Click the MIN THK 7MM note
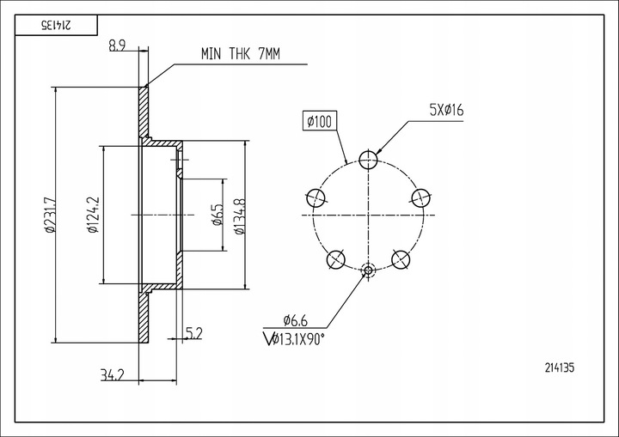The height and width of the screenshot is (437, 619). pos(241,53)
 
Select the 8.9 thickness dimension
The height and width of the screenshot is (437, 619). pos(117,46)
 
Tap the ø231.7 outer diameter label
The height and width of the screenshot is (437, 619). pos(50,215)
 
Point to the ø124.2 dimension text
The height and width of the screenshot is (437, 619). pos(93,215)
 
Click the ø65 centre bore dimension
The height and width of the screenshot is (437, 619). pos(218,215)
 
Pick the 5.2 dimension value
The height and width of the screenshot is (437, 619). pos(193,334)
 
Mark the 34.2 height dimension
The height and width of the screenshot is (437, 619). pos(113,374)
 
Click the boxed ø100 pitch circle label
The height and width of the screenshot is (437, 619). pos(320,121)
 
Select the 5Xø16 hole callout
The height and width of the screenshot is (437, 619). pos(446,110)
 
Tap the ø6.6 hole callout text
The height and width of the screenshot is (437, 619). pos(295,320)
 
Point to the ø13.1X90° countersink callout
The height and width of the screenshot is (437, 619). pos(294,339)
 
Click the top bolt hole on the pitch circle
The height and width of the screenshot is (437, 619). pos(368,160)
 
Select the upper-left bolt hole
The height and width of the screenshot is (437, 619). pos(316,197)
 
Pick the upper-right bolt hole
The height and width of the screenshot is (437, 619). pos(420,197)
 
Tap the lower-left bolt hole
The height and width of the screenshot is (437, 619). pos(336,259)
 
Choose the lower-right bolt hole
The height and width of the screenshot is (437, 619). pos(401,259)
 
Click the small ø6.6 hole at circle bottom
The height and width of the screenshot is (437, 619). pos(368,270)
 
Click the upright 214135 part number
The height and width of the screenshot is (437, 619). pos(560,368)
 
